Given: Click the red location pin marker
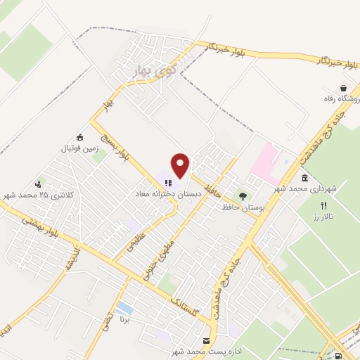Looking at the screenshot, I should (181, 165).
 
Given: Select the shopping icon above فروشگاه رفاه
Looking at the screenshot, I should (342, 89).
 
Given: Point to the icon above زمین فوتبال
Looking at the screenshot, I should (79, 137).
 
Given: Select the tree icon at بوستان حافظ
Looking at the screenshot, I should (243, 197).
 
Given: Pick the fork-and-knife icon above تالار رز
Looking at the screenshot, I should (323, 206).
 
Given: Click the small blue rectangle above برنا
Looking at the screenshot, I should (124, 308).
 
